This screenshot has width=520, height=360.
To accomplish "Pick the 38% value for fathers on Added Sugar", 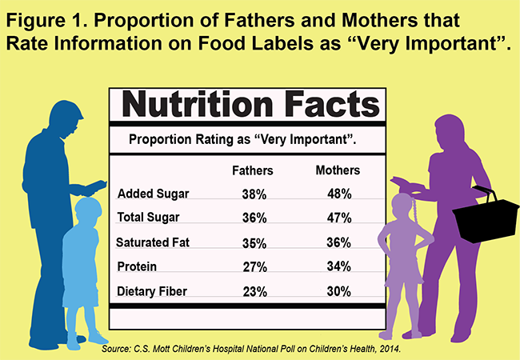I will point(254,194).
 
